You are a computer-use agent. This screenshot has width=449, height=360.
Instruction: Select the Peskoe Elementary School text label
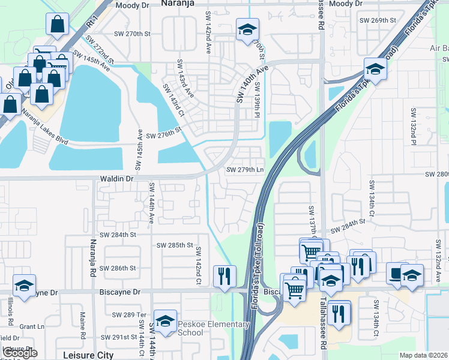pos(213,329)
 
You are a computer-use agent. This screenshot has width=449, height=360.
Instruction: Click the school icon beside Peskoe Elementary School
pos(164,322)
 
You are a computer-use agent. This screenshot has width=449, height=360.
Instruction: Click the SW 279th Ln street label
pos(245,170)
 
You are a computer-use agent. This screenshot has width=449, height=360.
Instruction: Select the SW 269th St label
pos(378,20)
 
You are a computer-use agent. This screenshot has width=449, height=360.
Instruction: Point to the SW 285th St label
pos(175,245)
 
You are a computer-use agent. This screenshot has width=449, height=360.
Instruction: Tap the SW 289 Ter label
pos(130,314)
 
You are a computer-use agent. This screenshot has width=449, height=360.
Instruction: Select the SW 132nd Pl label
pos(413,127)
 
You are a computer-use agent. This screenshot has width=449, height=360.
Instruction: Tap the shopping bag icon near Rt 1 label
pos(57,25)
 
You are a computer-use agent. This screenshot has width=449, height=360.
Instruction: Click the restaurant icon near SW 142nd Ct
pos(224,276)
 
